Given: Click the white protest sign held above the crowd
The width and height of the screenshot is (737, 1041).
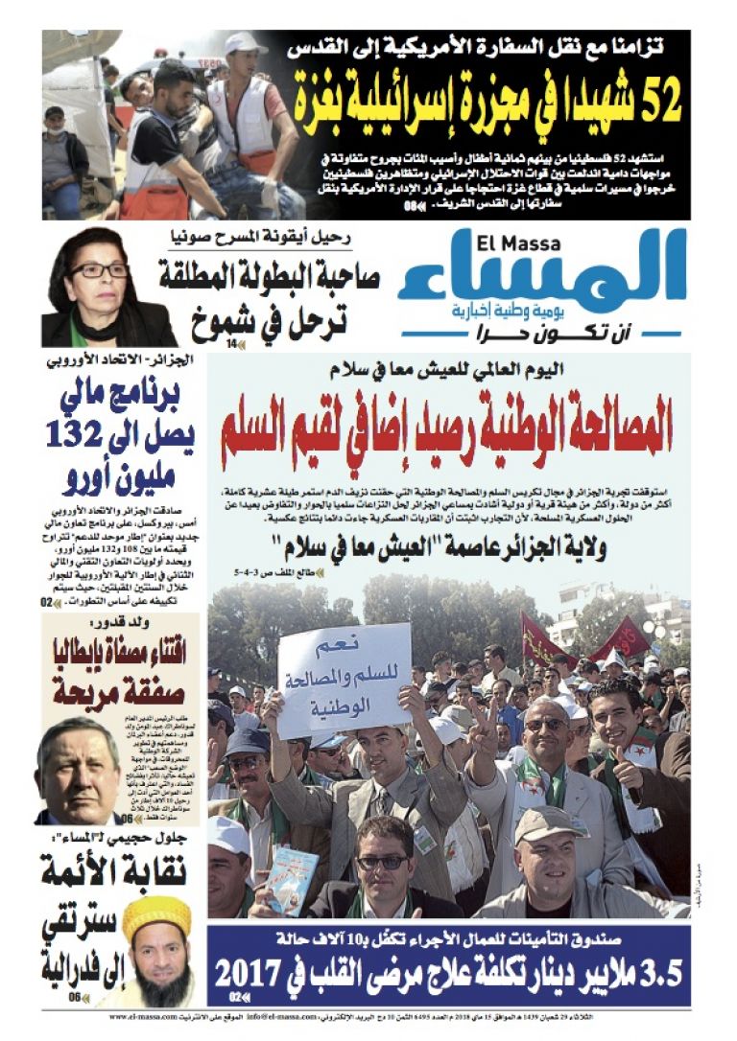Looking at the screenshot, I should (345, 681).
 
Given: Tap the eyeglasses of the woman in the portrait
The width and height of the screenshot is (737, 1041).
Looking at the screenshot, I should (98, 270).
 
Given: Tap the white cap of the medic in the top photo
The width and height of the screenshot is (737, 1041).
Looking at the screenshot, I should (245, 43).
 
